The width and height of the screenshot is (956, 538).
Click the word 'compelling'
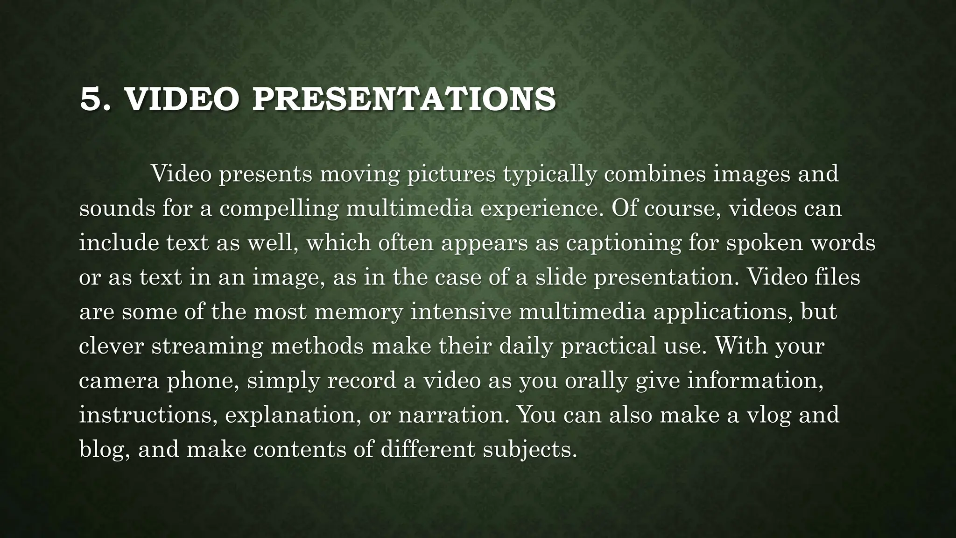pos(279,209)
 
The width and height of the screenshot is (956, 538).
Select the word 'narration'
pos(451,415)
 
